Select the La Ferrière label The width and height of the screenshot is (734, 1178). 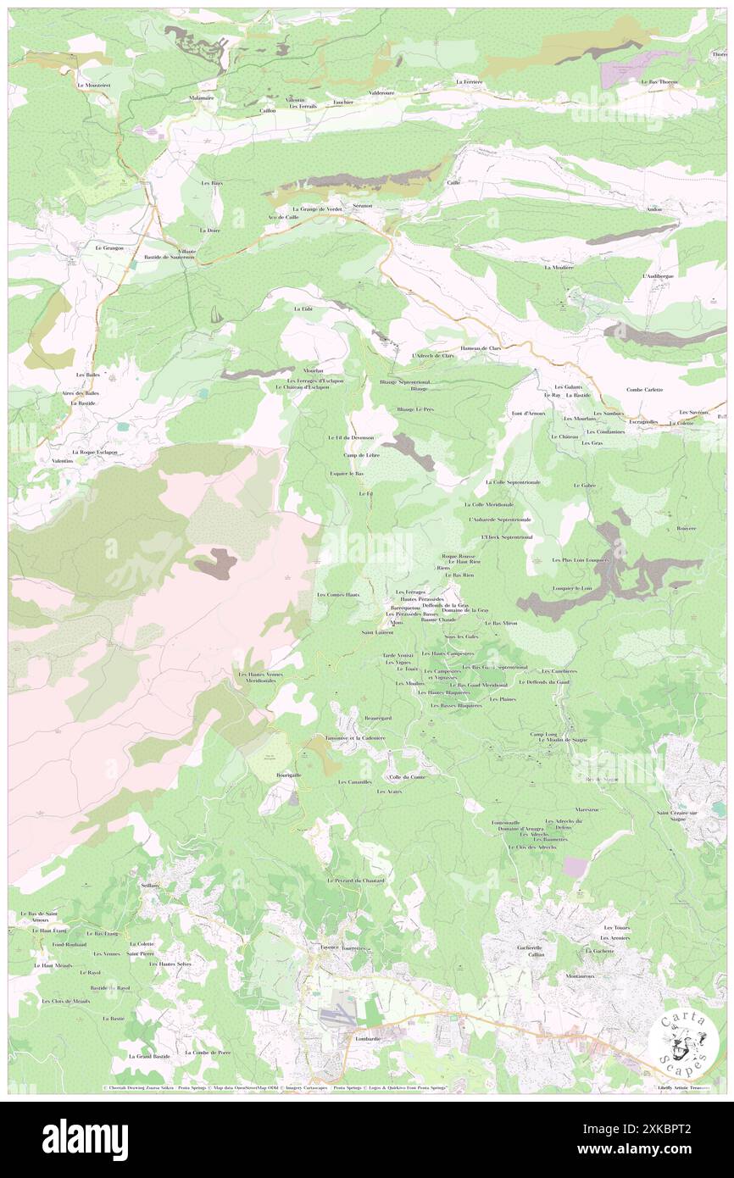click(x=469, y=82)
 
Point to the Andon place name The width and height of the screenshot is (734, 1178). click(x=653, y=209)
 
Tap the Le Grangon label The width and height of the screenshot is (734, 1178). click(x=109, y=248)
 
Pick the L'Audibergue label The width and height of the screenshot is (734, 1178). click(x=658, y=276)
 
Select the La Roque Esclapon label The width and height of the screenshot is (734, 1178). click(x=93, y=453)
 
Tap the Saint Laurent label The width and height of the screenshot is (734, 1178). click(x=377, y=632)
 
